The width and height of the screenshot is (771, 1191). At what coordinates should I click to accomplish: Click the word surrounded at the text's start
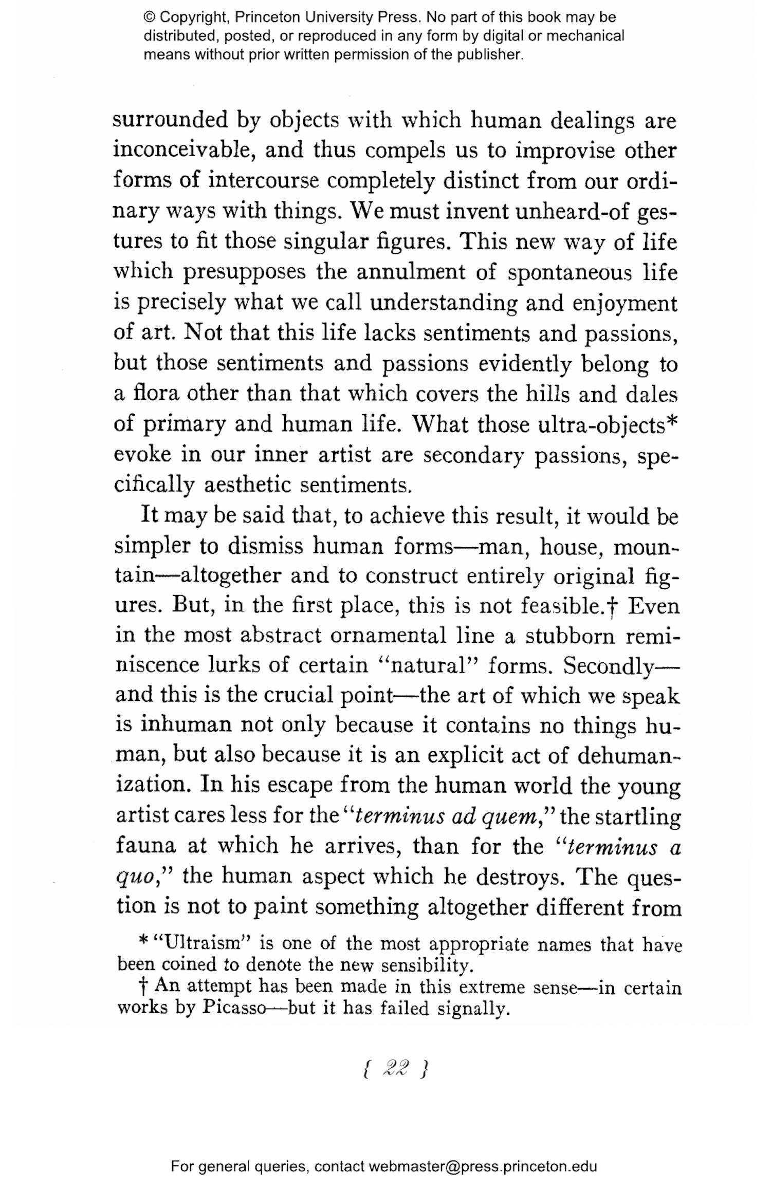(x=170, y=120)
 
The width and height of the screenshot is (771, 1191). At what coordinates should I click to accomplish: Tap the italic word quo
(x=135, y=877)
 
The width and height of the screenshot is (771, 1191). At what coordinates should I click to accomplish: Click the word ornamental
(x=388, y=636)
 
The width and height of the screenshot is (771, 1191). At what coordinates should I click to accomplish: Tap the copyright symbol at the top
(x=149, y=17)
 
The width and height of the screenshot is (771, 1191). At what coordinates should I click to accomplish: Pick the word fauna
(x=146, y=846)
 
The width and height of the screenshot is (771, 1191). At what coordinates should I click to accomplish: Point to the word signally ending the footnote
(x=473, y=1008)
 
